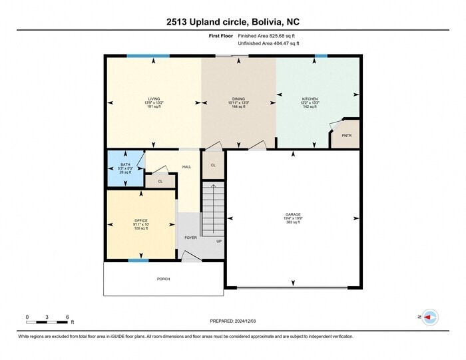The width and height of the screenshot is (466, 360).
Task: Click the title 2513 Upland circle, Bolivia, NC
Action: point(233,21)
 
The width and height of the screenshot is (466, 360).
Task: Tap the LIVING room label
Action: point(154,98)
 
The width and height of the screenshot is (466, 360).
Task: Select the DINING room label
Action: point(238,98)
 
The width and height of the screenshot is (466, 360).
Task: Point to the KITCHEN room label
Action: point(310,98)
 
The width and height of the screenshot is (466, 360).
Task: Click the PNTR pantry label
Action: point(346,136)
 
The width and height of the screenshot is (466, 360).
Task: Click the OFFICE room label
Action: point(140,220)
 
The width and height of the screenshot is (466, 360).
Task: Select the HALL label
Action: point(187,166)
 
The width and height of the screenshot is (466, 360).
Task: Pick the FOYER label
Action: point(190,237)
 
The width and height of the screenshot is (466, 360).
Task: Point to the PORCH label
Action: point(163,278)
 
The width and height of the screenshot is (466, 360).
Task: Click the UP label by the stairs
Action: point(219,241)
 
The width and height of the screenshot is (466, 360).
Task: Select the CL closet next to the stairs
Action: point(213,164)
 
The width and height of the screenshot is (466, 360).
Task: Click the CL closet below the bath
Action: point(160,181)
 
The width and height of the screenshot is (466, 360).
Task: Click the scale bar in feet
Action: point(47,322)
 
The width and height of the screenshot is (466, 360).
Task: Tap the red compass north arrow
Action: point(429,317)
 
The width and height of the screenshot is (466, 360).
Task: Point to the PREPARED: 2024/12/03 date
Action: point(232,321)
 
